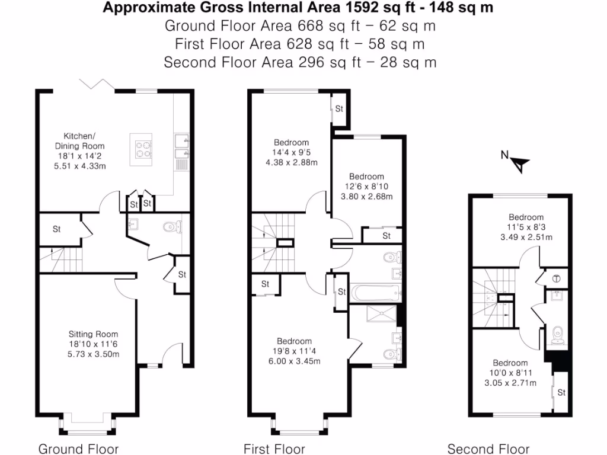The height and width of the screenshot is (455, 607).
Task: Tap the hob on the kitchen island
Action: pos(143,148)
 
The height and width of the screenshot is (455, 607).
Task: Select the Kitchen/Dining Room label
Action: pos(79,141)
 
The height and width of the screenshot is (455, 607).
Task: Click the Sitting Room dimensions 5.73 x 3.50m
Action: pos(93,354)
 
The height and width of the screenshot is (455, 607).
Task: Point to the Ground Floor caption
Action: pos(78,448)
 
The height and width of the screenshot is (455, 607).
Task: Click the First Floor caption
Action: pos(274,448)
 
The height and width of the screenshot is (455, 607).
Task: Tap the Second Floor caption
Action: pos(488,448)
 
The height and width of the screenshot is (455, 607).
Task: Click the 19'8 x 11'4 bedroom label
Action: pos(295,341)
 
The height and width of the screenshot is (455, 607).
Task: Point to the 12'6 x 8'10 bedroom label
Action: pos(366,177)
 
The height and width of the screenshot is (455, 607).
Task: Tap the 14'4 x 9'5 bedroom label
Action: pos(291,142)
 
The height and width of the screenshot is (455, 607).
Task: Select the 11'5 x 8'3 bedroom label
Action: pos(526,217)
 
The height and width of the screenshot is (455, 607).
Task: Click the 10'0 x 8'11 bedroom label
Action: pos(510,363)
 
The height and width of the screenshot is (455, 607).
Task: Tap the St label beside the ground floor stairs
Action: pos(57,229)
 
